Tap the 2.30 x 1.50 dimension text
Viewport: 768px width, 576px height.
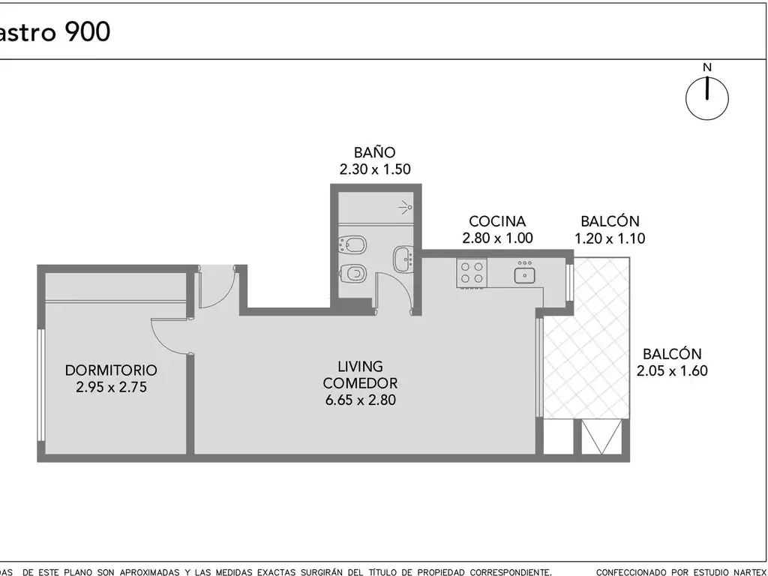tap(375, 169)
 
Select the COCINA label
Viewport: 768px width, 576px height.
tap(497, 221)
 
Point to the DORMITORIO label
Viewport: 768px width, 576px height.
tap(111, 370)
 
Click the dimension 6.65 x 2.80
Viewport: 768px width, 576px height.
tap(361, 400)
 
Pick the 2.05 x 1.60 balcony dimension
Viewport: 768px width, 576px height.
tap(672, 370)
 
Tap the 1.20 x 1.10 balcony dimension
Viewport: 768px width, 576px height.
tap(610, 238)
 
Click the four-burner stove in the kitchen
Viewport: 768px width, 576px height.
tap(472, 273)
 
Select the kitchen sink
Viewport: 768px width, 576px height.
tap(524, 273)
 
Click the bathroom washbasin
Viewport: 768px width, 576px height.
tap(403, 258)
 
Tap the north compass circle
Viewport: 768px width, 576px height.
tap(706, 98)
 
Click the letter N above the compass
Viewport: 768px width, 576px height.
tap(707, 67)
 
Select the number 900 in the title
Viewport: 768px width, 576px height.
tap(87, 31)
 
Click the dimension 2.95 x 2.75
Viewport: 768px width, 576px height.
tap(111, 388)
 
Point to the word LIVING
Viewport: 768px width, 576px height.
tap(361, 366)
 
